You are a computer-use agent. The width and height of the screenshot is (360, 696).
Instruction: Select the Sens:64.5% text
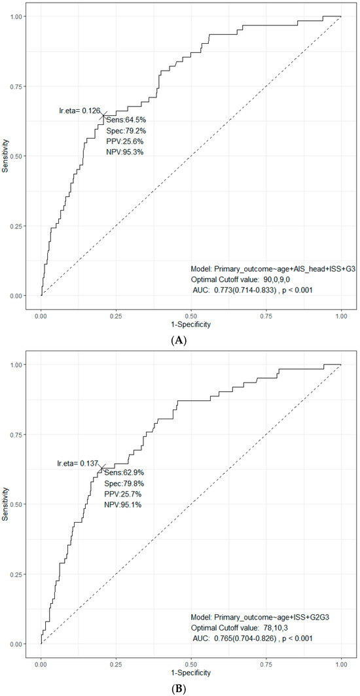tap(124, 120)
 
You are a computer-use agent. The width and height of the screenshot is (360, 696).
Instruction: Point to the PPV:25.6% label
tap(124, 141)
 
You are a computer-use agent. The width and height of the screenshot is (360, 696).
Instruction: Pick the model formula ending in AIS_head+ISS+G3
tap(273, 269)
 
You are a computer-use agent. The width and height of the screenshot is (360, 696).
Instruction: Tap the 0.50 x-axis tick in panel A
tap(191, 314)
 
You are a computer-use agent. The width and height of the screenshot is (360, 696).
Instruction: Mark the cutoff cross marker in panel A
tap(103, 115)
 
